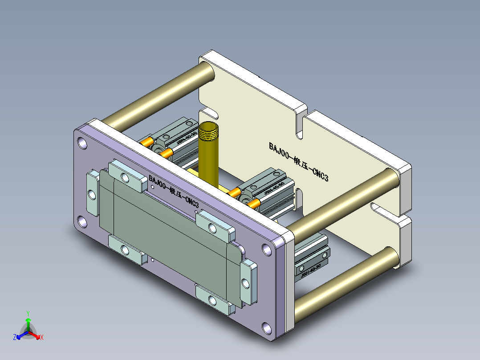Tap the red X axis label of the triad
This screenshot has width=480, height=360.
coord(41,338)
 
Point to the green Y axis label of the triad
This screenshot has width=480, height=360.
coord(28,313)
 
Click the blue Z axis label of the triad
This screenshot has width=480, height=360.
coord(15,338)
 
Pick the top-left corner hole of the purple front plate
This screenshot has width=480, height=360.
coord(83,143)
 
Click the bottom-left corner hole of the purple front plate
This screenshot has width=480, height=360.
coord(82,221)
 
